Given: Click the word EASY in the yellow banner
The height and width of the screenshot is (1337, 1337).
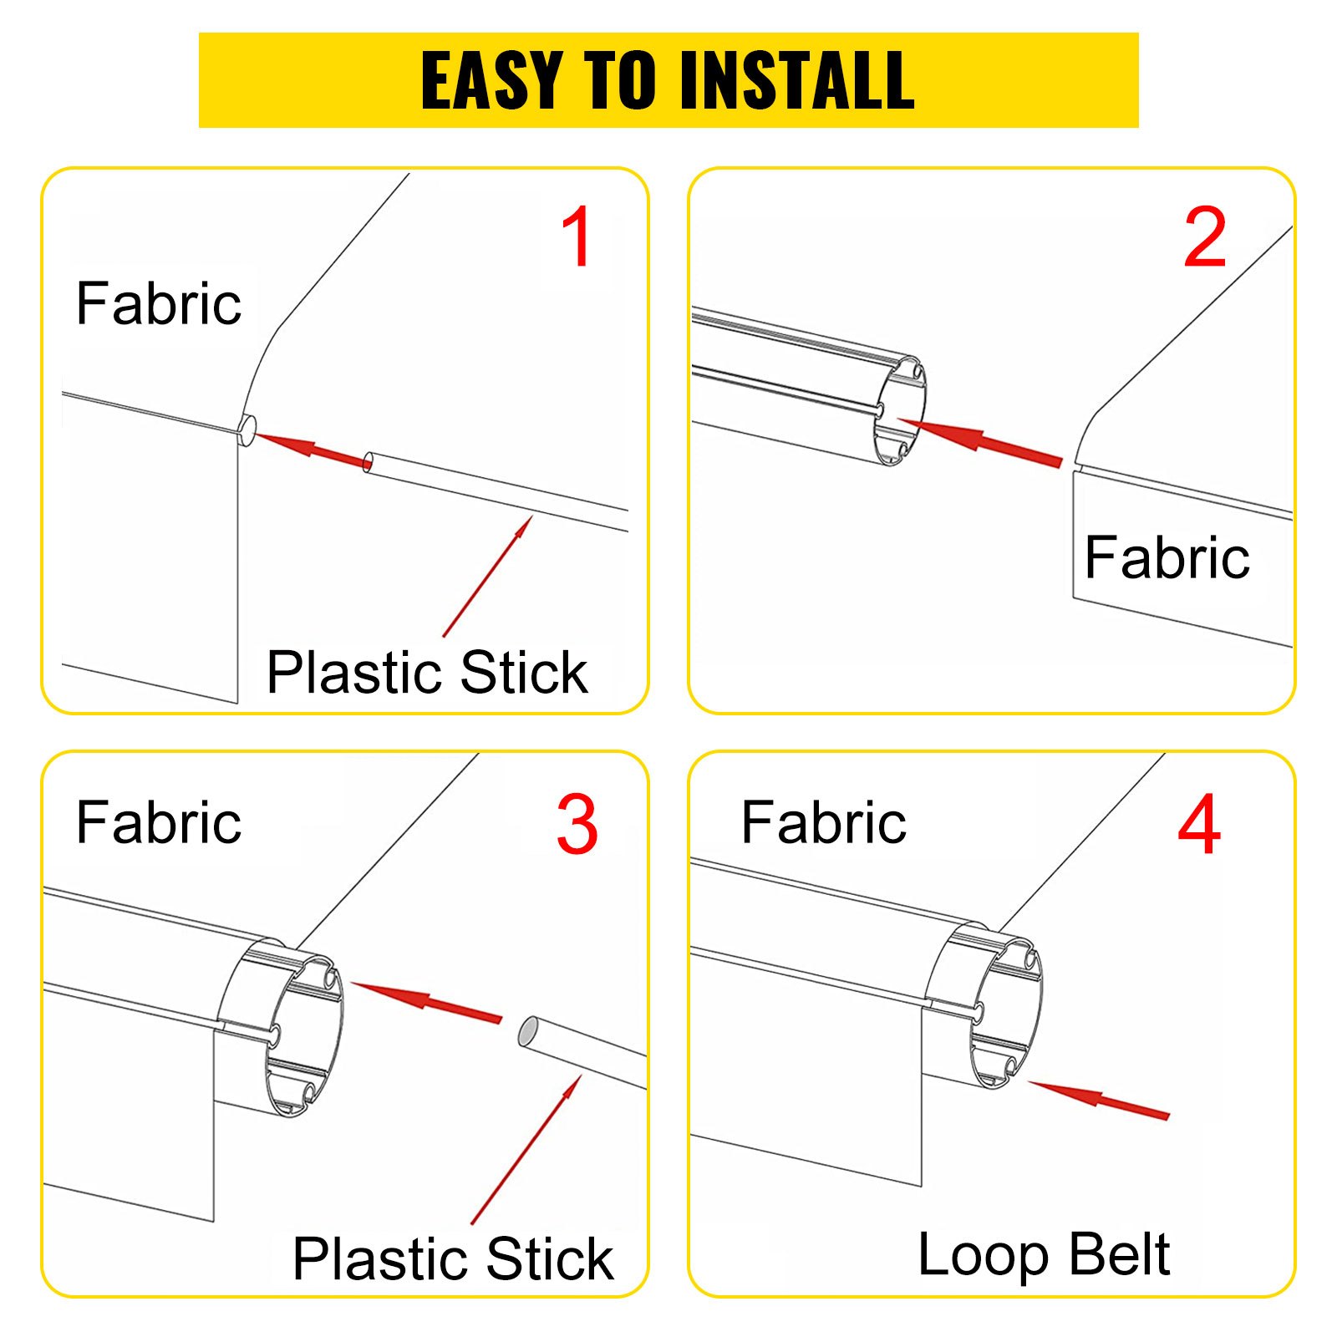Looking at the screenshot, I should (491, 80).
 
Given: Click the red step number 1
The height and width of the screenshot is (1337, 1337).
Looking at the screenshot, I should (577, 237).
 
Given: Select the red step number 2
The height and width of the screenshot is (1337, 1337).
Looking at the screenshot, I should (1204, 237).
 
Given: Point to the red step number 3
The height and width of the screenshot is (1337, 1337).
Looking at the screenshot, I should (577, 825).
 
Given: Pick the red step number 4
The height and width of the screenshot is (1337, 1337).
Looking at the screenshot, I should (1199, 825).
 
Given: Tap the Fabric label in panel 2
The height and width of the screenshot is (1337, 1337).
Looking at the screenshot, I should (1167, 557).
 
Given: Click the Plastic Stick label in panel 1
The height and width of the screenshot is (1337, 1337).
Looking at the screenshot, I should (427, 673).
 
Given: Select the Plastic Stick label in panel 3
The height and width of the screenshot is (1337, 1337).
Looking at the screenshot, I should (453, 1259).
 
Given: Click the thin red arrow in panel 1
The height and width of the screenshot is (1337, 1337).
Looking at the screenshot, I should (487, 577).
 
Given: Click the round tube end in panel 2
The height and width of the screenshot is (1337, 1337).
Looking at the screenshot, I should (900, 411).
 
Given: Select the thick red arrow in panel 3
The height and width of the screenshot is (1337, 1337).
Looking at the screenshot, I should (427, 1000).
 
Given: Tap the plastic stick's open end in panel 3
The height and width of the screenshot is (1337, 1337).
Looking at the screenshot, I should (530, 1034).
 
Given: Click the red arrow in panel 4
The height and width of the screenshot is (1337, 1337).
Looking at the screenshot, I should (1099, 1099).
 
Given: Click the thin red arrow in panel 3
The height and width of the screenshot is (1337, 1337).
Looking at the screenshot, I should (526, 1151).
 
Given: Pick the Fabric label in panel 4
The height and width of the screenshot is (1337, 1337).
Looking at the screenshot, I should (823, 823).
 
